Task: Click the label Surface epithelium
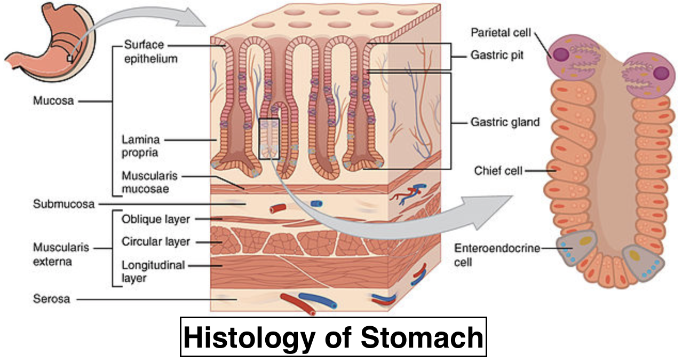point(150,51)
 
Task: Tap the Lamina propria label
point(140,146)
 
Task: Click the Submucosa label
point(64,204)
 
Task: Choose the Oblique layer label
point(156,218)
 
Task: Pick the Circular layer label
point(156,241)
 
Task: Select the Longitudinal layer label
point(153,271)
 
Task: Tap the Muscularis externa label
point(52,255)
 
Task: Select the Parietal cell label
point(501,33)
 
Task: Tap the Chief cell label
point(498,171)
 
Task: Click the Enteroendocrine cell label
point(497,254)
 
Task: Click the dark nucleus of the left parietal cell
point(561,55)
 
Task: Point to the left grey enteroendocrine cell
point(574,249)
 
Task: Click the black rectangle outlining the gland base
point(269,138)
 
